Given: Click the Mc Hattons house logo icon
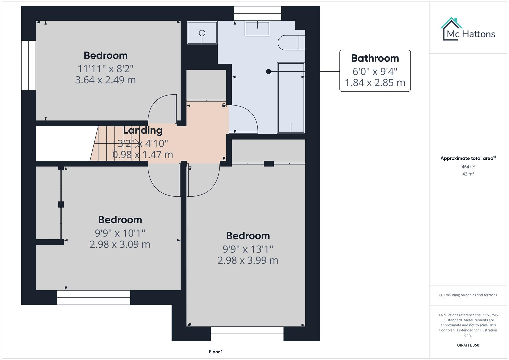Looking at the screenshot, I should point(451,29).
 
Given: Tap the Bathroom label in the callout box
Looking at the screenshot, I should point(375,58).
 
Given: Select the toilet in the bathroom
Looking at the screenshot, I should point(291,42).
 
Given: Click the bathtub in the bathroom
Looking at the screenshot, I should point(291,98).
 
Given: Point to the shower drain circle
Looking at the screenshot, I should point(202,33).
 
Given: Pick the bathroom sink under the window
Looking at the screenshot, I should point(257,28).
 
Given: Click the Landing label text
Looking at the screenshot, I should point(143,130).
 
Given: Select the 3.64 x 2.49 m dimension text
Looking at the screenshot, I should point(105,80).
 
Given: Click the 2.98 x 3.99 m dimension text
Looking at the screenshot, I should point(248,260).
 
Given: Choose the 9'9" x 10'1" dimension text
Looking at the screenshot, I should point(120,233).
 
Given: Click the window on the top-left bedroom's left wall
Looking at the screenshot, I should point(29,65).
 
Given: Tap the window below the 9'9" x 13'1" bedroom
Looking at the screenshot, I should point(247,333).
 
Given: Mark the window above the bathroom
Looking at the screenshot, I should point(257,13).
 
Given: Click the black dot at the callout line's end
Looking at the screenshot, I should point(268,71).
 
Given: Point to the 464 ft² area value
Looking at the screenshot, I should point(468,167).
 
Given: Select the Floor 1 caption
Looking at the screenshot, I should point(216,352).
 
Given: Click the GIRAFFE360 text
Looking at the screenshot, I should point(468,345).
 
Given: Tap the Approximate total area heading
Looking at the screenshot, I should point(468,158).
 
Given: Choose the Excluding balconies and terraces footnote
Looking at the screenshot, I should point(468,295).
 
